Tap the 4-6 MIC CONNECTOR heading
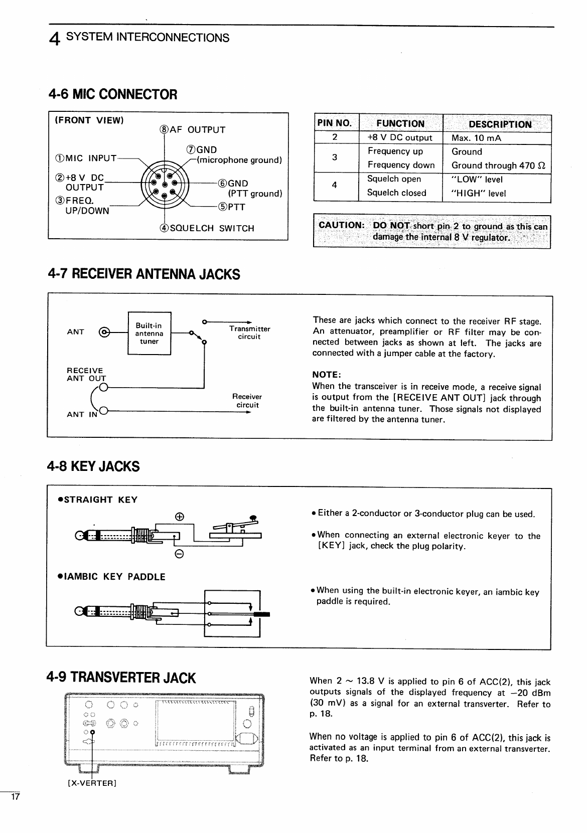point(113,94)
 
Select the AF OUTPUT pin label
point(193,129)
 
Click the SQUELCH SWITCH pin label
point(207,228)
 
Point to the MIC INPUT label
point(86,158)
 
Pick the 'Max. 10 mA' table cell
point(476,138)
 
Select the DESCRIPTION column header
point(500,124)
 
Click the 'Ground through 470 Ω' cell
point(499,165)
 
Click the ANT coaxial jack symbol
point(104,332)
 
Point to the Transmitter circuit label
point(250,332)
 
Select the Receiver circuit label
point(247,401)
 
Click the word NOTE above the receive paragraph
point(327,375)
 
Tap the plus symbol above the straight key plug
point(180,517)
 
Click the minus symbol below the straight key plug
point(179,554)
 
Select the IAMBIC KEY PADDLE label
point(111,577)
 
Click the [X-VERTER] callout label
point(92,783)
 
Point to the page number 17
point(15,796)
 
